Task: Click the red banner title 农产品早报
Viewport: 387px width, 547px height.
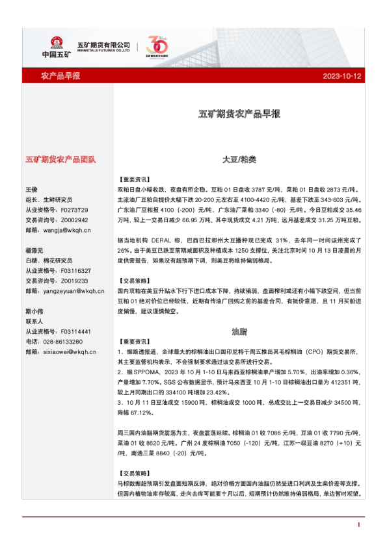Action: point(60,76)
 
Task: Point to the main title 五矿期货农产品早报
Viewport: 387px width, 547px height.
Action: point(239,114)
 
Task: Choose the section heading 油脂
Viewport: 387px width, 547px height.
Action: point(239,331)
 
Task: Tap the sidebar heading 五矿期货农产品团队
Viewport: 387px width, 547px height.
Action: point(60,159)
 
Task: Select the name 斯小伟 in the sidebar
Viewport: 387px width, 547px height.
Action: point(34,311)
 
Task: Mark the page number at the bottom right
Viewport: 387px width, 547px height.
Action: point(359,524)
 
